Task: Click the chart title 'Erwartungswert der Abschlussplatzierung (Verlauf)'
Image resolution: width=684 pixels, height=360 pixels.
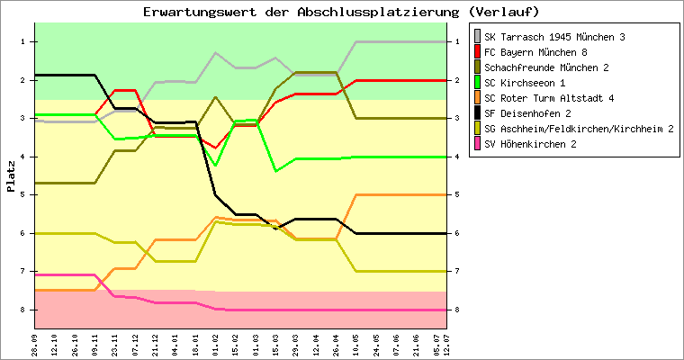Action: pyautogui.click(x=341, y=12)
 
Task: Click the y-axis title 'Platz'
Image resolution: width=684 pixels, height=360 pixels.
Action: pyautogui.click(x=10, y=175)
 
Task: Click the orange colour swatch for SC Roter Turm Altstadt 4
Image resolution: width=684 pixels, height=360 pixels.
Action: pyautogui.click(x=476, y=98)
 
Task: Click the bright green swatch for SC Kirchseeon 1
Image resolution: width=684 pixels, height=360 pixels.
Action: pyautogui.click(x=476, y=83)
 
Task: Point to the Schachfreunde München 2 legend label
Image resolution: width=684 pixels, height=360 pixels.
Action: pyautogui.click(x=546, y=67)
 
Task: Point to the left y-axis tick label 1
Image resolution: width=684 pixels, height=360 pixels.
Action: pyautogui.click(x=23, y=42)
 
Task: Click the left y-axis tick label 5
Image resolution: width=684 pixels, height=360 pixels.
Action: pyautogui.click(x=23, y=194)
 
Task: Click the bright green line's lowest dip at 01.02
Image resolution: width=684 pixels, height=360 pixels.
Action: pyautogui.click(x=215, y=165)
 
